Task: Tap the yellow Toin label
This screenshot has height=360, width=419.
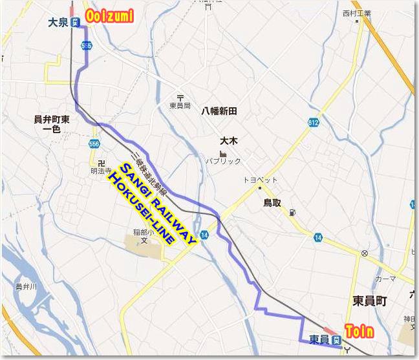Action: (359, 332)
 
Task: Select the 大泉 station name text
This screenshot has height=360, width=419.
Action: (58, 23)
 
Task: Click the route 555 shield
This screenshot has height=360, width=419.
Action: (87, 45)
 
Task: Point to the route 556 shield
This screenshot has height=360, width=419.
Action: (95, 143)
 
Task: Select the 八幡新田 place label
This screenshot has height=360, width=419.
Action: (219, 111)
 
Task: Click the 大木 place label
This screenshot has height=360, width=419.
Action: (229, 140)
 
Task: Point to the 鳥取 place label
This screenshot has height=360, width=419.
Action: (272, 203)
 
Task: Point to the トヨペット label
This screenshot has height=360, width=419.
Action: (261, 179)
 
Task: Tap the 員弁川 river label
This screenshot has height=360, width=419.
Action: (26, 286)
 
